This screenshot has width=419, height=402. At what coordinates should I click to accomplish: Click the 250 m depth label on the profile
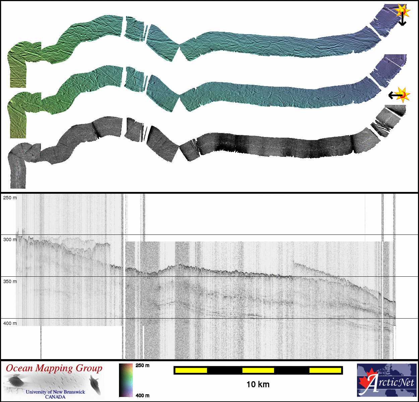[10, 198]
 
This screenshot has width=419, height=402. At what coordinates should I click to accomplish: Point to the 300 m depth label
[10, 240]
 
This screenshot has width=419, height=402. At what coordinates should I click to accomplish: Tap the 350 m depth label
[10, 281]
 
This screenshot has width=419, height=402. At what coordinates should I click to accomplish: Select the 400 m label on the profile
[10, 323]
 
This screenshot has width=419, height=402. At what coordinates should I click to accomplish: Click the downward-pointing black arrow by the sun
[402, 19]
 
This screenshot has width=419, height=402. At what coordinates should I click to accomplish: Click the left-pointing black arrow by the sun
[395, 95]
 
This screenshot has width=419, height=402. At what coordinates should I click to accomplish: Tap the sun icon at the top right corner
[402, 11]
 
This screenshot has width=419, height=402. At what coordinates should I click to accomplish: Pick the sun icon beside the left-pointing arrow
[403, 95]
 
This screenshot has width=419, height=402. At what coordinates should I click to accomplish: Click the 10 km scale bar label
[258, 385]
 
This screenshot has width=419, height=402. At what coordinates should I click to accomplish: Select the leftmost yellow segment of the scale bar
[191, 371]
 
